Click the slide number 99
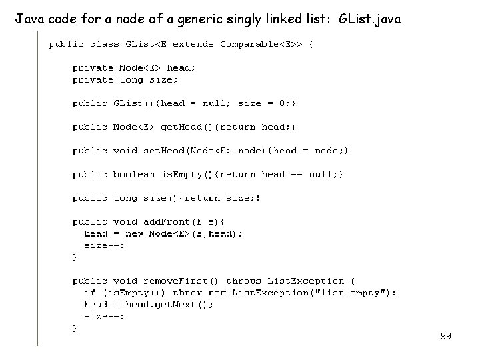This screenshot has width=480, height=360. (x=446, y=337)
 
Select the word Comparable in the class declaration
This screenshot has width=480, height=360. (x=249, y=44)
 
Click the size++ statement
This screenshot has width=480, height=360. (x=104, y=245)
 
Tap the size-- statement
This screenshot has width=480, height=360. (x=104, y=317)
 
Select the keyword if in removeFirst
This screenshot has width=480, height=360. (x=90, y=293)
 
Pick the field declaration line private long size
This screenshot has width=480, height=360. (x=125, y=79)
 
